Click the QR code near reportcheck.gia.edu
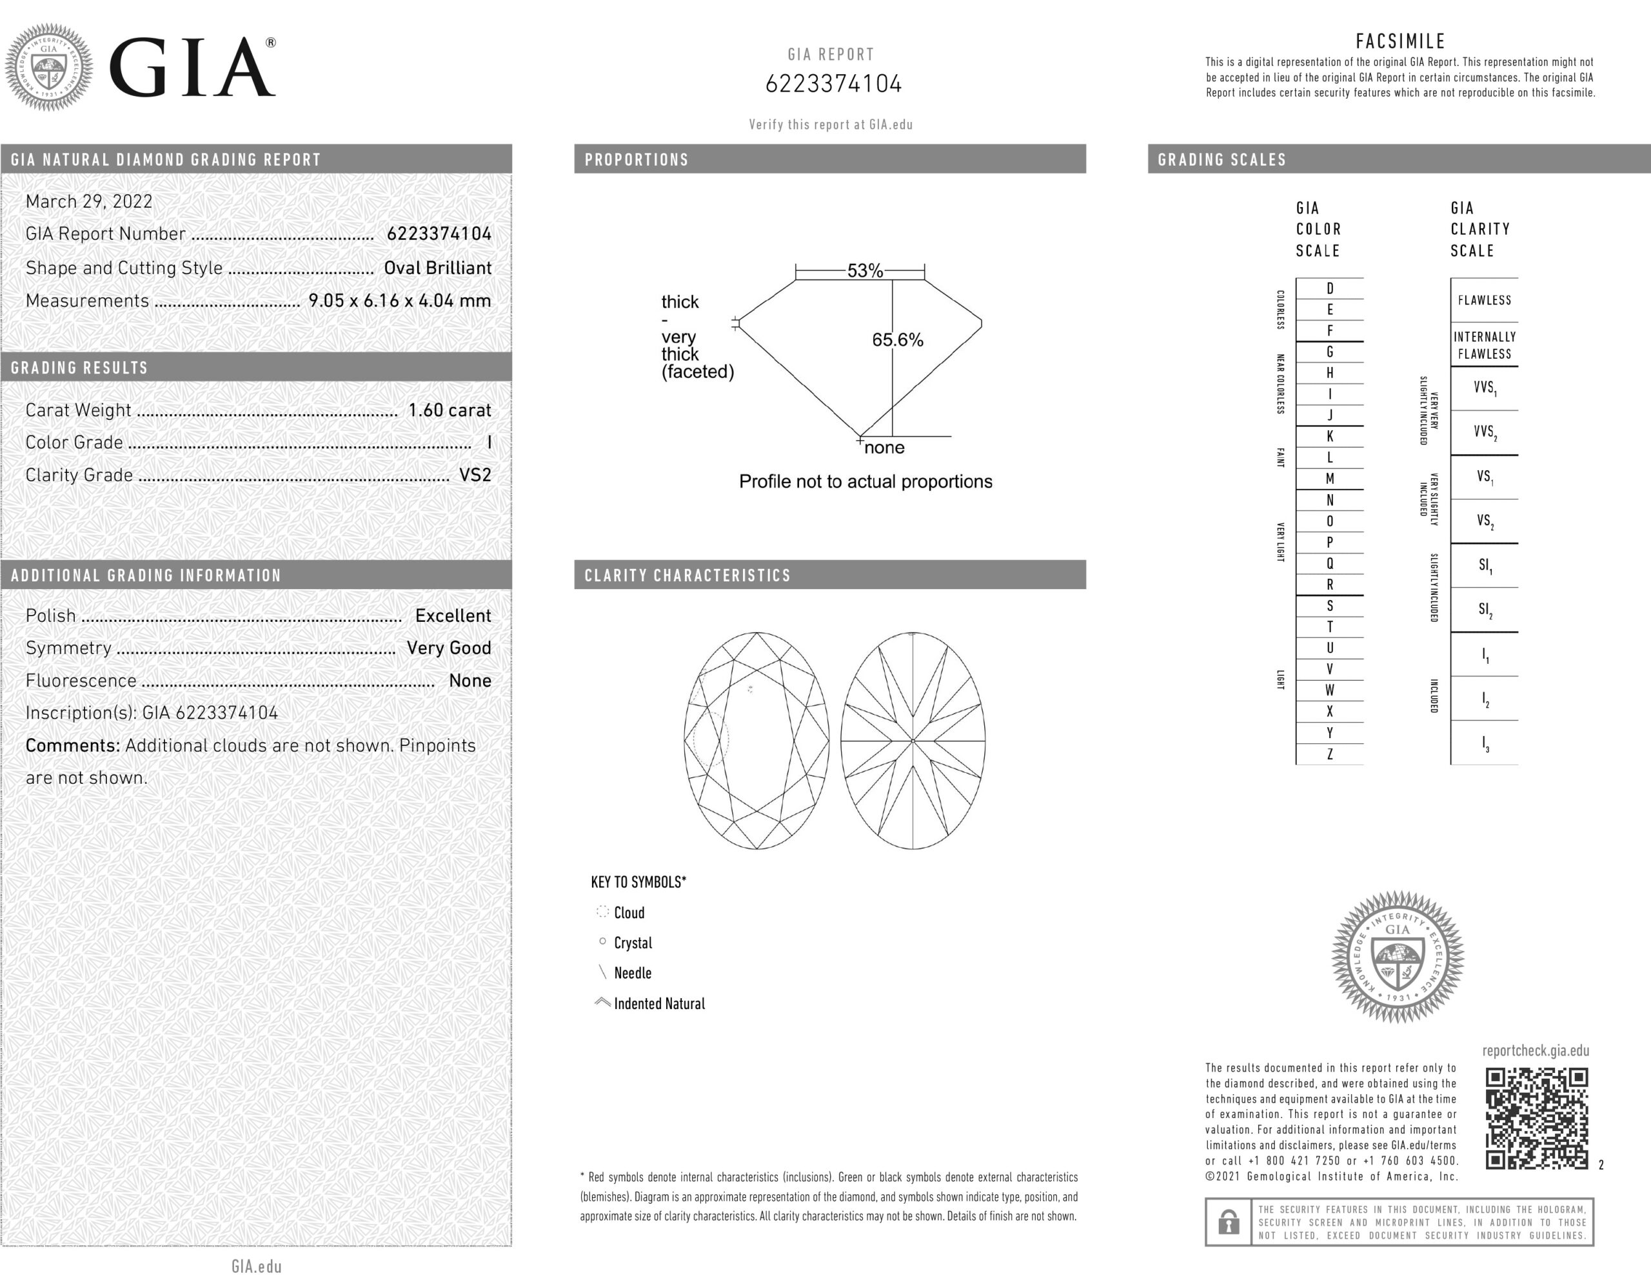tap(1536, 1118)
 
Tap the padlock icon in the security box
tap(1229, 1222)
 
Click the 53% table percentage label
tap(865, 271)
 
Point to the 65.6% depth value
tap(897, 340)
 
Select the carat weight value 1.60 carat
tap(449, 410)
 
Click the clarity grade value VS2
tap(475, 475)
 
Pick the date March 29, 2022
tap(89, 201)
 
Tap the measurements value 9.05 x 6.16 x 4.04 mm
tap(399, 300)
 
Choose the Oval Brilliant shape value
tap(437, 268)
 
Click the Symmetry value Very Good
tap(448, 648)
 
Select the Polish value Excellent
tap(453, 615)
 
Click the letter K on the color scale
tap(1330, 436)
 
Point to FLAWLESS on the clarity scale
tap(1484, 300)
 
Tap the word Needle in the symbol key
tap(632, 973)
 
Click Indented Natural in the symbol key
tap(658, 1003)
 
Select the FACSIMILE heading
tap(1400, 41)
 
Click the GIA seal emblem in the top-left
tap(49, 67)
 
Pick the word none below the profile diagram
tap(884, 448)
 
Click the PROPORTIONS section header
tap(637, 159)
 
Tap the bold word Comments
tap(73, 745)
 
